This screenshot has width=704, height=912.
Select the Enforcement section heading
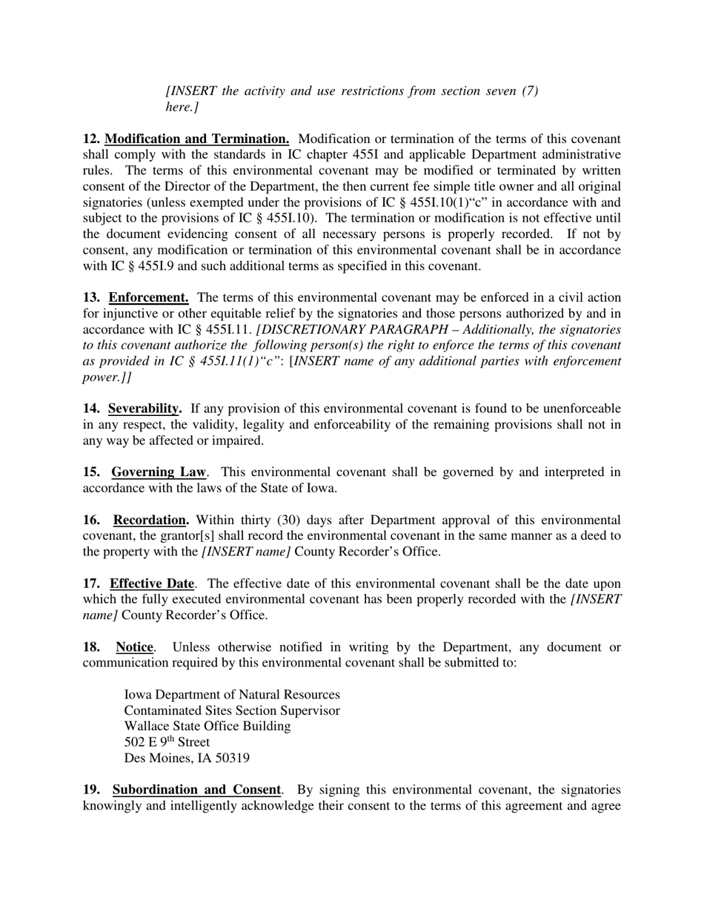[148, 297]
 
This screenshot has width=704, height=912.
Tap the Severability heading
[145, 409]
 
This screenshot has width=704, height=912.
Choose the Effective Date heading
[153, 584]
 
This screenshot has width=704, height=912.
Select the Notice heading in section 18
[134, 647]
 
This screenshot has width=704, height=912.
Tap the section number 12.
[91, 139]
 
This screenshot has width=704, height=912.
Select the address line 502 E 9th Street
[167, 742]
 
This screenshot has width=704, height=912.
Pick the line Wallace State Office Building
[207, 726]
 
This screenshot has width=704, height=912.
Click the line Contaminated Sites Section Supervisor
[232, 710]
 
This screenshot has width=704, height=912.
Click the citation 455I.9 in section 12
[147, 265]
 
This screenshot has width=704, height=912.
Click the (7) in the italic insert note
[529, 90]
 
